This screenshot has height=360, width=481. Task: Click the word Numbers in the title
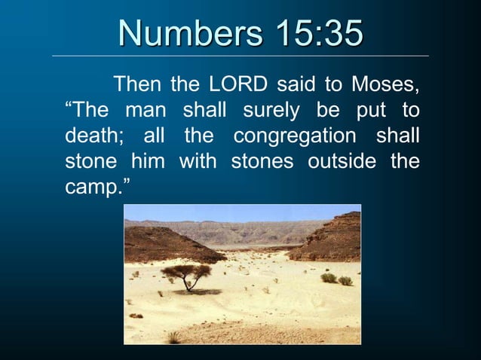[187, 34]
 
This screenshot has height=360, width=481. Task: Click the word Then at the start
[137, 84]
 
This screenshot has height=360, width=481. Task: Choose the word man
[145, 111]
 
